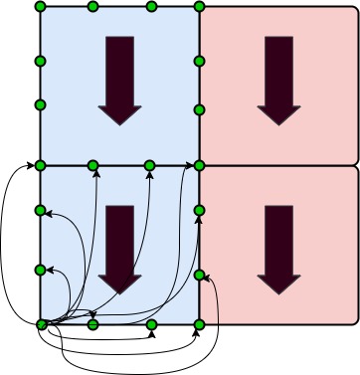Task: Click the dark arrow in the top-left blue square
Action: (x=119, y=80)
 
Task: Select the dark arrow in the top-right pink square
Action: (x=278, y=80)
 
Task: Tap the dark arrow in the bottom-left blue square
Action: (x=119, y=249)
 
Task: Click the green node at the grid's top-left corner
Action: (x=41, y=7)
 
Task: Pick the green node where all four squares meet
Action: (x=199, y=165)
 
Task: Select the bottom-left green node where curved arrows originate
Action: (x=41, y=324)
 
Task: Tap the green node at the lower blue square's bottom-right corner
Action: (x=199, y=324)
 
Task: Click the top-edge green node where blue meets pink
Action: (x=199, y=7)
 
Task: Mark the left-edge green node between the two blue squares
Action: (x=41, y=165)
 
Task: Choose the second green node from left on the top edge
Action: (x=92, y=7)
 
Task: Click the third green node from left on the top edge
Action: (x=151, y=7)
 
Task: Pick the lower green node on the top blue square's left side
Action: (x=41, y=104)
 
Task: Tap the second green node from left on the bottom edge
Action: (x=92, y=324)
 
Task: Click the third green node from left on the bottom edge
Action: (x=151, y=324)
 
